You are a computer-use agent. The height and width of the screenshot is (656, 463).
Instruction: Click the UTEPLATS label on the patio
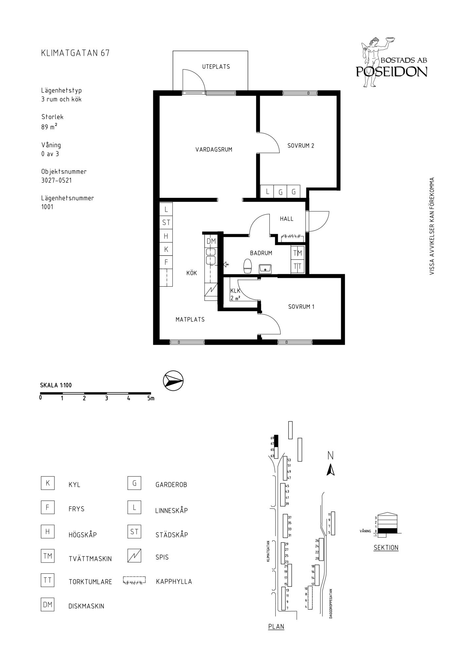[x=216, y=67]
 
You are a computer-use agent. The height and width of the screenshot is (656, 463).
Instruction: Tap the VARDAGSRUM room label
[x=214, y=150]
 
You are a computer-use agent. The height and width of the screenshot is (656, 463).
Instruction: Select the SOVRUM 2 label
[x=301, y=146]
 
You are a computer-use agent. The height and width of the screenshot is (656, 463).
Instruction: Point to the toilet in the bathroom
[x=248, y=266]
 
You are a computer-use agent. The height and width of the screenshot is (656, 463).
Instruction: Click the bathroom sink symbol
[x=265, y=269]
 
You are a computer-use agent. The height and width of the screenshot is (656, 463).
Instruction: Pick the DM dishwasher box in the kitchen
[x=211, y=241]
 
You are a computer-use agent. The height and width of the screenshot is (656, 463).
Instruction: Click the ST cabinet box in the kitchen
[x=166, y=222]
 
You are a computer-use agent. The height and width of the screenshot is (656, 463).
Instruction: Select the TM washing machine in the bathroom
[x=298, y=253]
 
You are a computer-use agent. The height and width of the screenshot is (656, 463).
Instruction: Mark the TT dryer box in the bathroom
[x=298, y=266]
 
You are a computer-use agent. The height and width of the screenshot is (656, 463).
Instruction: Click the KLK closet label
[x=235, y=291]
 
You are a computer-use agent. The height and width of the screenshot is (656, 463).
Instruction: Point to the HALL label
[x=287, y=219]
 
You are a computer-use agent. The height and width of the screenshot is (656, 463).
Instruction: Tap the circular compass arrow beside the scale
[x=173, y=381]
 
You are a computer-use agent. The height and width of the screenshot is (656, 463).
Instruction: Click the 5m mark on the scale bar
[x=151, y=399]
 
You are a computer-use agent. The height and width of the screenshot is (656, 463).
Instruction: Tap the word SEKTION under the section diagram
[x=386, y=547]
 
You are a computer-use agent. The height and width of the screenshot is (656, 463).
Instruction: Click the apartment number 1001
[x=47, y=207]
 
